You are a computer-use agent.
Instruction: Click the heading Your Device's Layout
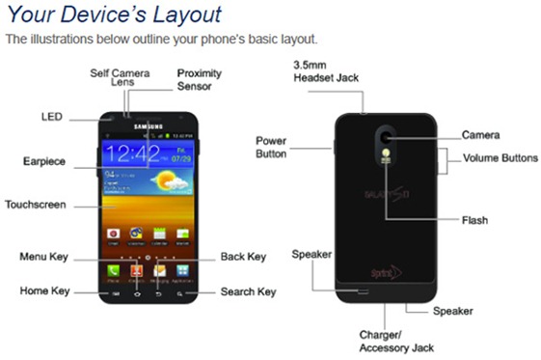coord(114,14)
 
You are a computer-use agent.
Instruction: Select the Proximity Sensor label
coord(201,79)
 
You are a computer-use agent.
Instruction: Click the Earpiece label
coord(44,161)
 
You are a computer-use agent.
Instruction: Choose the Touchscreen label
coord(36,205)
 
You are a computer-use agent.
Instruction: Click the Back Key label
coord(243,257)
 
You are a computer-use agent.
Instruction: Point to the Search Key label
coord(248,291)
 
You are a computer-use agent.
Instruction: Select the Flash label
coord(474,220)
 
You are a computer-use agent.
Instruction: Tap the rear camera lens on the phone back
coord(385,136)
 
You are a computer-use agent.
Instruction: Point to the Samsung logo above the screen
coord(147,125)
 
